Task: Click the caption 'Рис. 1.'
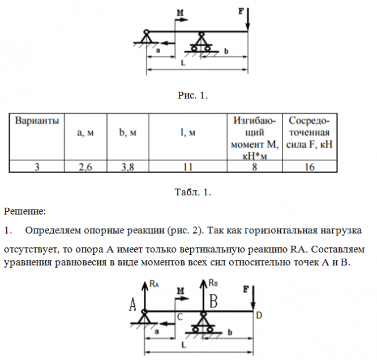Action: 193,95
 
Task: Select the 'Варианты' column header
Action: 36,121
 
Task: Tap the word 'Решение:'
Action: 25,212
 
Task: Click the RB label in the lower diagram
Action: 212,282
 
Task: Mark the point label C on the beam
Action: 179,318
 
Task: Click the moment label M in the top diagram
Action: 181,12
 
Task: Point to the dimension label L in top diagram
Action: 182,63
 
